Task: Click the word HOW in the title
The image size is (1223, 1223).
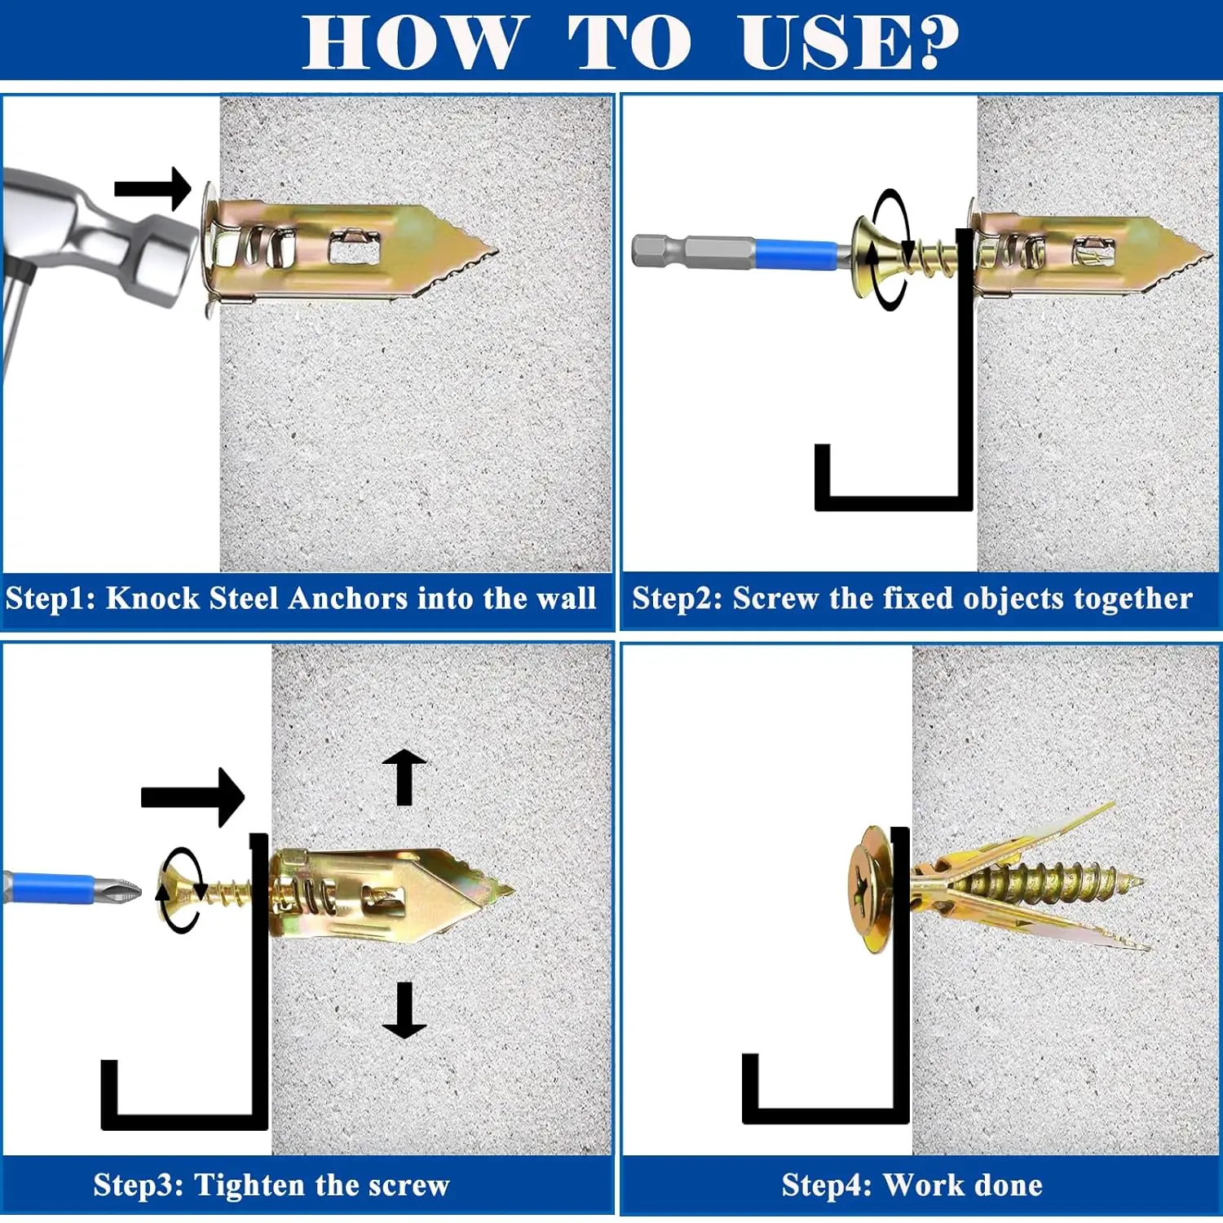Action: (x=412, y=42)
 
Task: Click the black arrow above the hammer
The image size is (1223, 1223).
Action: (x=153, y=188)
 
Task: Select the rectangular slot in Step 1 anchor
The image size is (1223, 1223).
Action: (x=355, y=247)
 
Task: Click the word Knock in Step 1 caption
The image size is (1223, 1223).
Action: (x=152, y=598)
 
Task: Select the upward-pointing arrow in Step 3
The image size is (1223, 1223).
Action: (x=404, y=777)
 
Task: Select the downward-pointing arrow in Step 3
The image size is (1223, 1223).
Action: (x=404, y=1010)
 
